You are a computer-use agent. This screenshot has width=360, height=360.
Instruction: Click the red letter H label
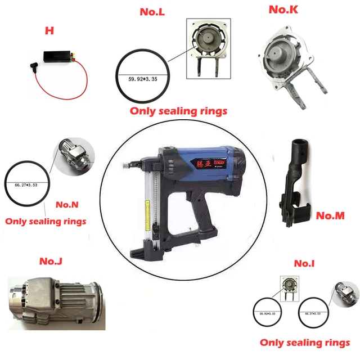49,30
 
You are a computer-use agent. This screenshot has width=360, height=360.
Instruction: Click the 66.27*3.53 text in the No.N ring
25,184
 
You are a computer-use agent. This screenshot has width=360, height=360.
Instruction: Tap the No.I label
308,263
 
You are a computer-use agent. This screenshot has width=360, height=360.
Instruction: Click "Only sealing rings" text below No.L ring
178,111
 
